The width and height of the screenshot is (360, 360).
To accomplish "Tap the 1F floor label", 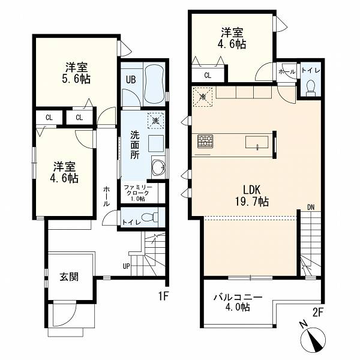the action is tap(163, 297).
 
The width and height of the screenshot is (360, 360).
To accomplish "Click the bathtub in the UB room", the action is tap(154, 84).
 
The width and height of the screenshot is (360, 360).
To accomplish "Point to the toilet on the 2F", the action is tap(311, 88).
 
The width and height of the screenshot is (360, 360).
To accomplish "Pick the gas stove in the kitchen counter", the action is tap(205, 141).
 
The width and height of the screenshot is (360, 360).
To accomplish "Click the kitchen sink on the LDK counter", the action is tap(257, 142).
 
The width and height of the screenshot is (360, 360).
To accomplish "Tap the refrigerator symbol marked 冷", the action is tap(203, 97).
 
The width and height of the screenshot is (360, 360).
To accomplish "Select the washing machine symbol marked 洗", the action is tap(156, 121).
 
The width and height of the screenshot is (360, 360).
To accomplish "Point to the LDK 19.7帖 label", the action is tap(252, 196).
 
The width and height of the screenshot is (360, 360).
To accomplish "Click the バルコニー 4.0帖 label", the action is tap(238, 302).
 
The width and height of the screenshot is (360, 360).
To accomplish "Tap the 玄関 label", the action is tap(69, 277).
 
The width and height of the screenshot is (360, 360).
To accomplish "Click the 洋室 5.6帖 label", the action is tap(76, 73).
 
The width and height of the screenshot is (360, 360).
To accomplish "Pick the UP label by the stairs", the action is tap(126, 266).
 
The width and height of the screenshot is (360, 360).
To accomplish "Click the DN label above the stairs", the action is tap(311, 207).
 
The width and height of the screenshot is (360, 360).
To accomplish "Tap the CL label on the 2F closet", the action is tap(208, 76).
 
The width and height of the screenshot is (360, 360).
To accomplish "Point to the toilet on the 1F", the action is tap(149, 217).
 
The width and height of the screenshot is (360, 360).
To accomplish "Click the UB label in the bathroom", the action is tap(131, 80).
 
